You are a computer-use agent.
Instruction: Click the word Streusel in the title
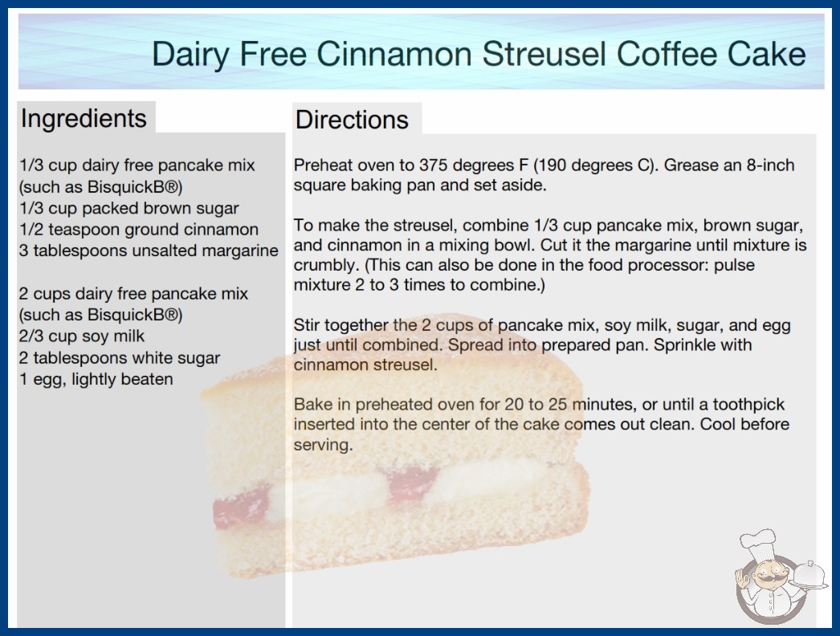[x=544, y=54]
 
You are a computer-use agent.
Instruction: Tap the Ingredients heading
[x=84, y=119]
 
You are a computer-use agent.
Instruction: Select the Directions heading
[x=352, y=120]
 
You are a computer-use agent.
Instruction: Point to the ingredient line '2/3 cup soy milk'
[x=81, y=336]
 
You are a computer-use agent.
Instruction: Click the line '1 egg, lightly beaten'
[x=96, y=379]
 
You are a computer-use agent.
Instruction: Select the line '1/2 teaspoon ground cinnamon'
[x=139, y=230]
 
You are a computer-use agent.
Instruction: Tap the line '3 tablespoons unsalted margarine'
[x=149, y=251]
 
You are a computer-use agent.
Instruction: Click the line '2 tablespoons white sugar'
[x=120, y=358]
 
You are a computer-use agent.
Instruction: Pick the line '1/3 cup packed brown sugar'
[x=128, y=209]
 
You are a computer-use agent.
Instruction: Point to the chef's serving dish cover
[x=809, y=573]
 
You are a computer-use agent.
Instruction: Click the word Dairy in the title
[x=191, y=55]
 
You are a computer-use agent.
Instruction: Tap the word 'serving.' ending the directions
[x=323, y=445]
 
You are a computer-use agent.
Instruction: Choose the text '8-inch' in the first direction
[x=770, y=165]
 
